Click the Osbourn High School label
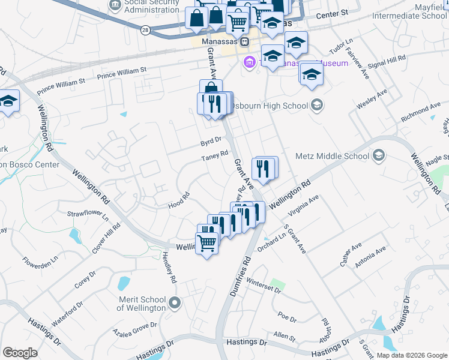click(270, 106)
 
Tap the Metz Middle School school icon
click(379, 157)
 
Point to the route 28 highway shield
click(145, 29)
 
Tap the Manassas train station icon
click(244, 42)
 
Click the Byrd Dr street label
click(211, 141)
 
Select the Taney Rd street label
click(215, 156)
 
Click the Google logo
click(20, 352)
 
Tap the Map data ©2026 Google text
click(411, 355)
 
